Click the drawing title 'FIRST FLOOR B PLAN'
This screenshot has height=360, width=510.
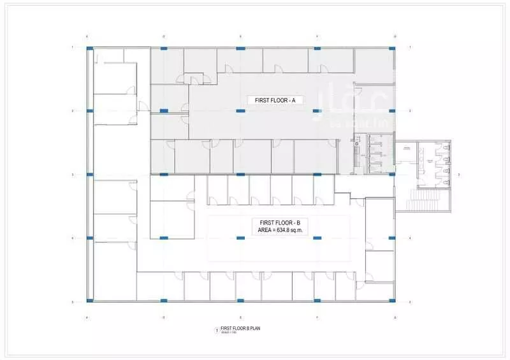click(x=244, y=329)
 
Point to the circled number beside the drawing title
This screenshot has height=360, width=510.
click(x=217, y=330)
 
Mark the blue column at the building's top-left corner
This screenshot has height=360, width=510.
click(x=90, y=48)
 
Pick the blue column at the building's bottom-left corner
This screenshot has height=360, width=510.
click(x=90, y=301)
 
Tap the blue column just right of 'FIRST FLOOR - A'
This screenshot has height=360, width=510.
click(x=317, y=112)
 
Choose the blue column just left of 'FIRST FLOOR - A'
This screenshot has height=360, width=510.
click(x=240, y=112)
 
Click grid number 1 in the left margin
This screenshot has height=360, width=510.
click(x=73, y=48)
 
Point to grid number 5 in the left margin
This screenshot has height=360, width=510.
click(x=73, y=301)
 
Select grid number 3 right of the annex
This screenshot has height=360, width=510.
click(x=459, y=174)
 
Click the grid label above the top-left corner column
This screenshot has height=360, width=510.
click(x=87, y=35)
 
